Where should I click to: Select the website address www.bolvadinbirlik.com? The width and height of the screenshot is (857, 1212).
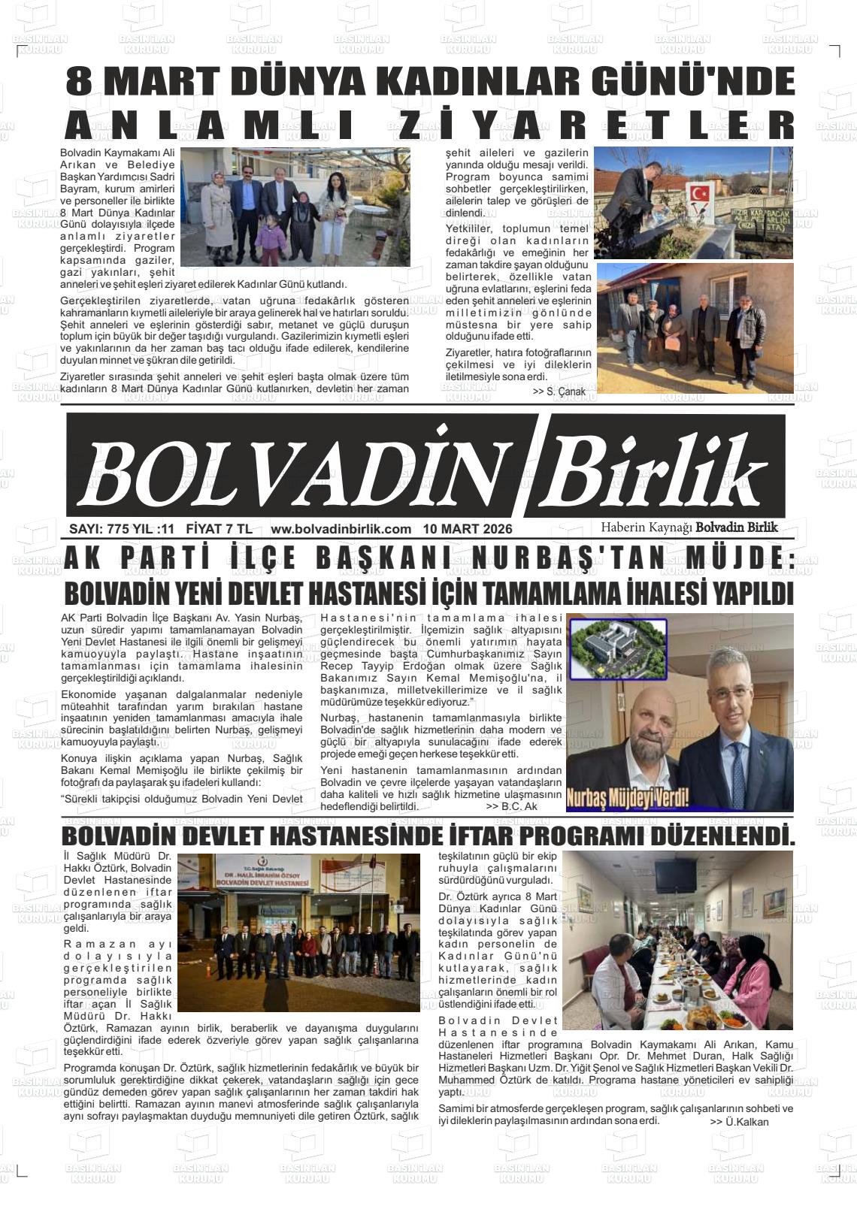click(x=341, y=529)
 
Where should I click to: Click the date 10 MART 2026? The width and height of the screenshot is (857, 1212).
click(x=468, y=529)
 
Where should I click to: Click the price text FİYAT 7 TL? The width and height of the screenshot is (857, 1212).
click(x=219, y=529)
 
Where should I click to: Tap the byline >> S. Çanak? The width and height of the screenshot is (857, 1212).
click(x=559, y=392)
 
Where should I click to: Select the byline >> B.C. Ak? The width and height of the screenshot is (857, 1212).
click(x=511, y=806)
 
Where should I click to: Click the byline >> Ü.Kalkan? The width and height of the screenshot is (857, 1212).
click(x=739, y=1122)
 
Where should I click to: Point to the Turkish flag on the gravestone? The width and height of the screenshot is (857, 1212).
click(x=699, y=195)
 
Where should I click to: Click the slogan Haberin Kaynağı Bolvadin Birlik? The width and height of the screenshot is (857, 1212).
click(x=689, y=527)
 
